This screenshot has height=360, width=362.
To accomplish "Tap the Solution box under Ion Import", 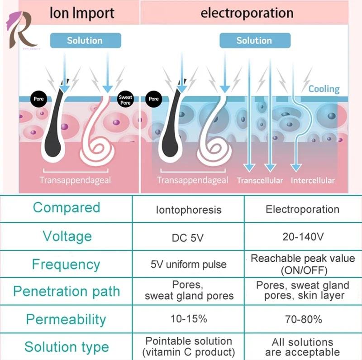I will pyautogui.click(x=85, y=40).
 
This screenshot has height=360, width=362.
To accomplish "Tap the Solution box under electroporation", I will pyautogui.click(x=254, y=40).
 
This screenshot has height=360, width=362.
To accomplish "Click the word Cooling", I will pyautogui.click(x=324, y=89).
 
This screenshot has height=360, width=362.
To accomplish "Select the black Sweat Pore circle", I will pyautogui.click(x=125, y=100).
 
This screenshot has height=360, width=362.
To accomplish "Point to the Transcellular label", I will pyautogui.click(x=260, y=180).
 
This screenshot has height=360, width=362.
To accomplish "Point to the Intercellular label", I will pyautogui.click(x=313, y=180).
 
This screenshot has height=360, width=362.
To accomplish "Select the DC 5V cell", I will pyautogui.click(x=188, y=236).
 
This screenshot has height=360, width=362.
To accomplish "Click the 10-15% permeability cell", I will pyautogui.click(x=188, y=319).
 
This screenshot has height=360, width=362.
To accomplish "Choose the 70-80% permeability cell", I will pyautogui.click(x=303, y=319).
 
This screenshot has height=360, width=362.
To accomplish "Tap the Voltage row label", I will pyautogui.click(x=67, y=236).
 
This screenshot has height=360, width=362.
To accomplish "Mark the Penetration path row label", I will pyautogui.click(x=67, y=291).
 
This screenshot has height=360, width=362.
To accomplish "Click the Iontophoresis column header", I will pyautogui.click(x=188, y=210).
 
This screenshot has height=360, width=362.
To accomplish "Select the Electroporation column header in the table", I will pyautogui.click(x=302, y=209).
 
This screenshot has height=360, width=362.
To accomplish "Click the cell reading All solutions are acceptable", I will pyautogui.click(x=302, y=347).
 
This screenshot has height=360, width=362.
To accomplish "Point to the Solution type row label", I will pyautogui.click(x=67, y=347).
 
